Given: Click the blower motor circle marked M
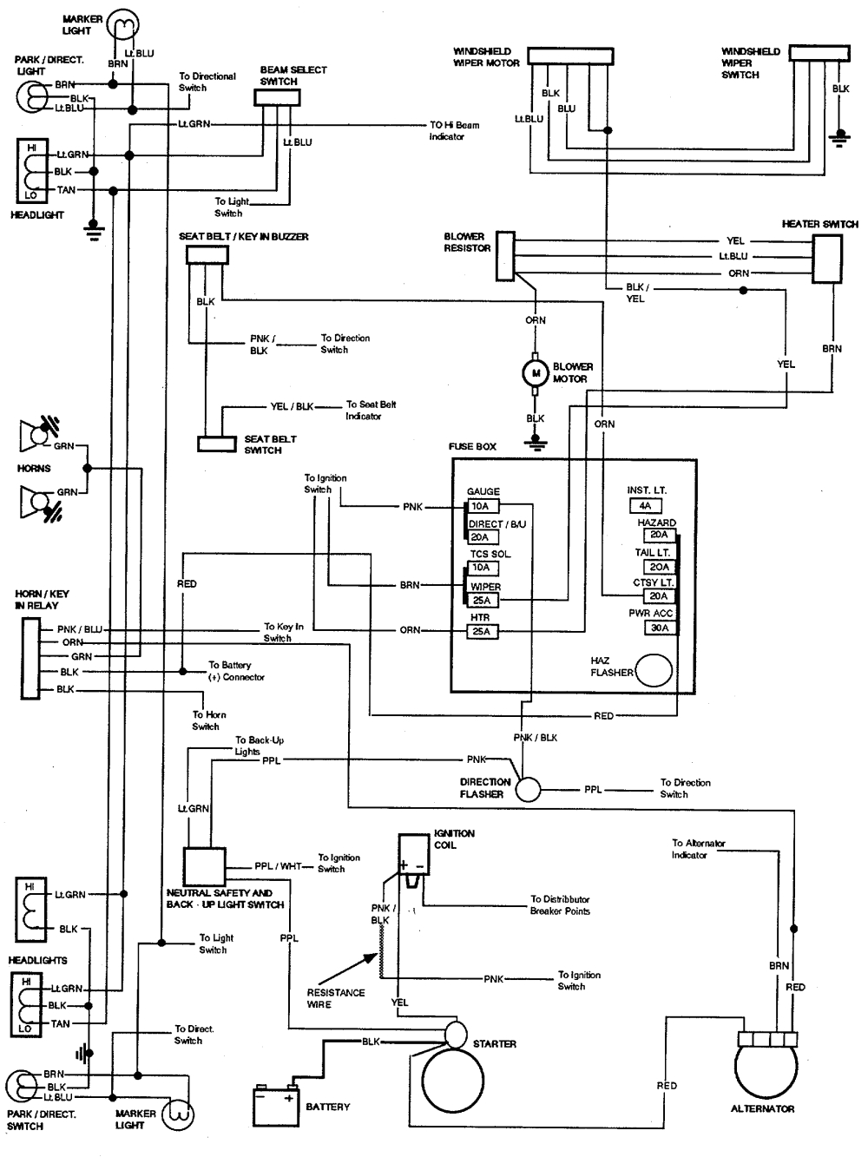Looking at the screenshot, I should pyautogui.click(x=536, y=373).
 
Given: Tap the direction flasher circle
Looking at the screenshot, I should pyautogui.click(x=528, y=789).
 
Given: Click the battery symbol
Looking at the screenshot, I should pyautogui.click(x=275, y=1107).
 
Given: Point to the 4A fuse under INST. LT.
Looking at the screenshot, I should pyautogui.click(x=645, y=505).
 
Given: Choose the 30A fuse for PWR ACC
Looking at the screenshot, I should pyautogui.click(x=660, y=628).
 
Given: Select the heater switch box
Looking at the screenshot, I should pyautogui.click(x=825, y=258).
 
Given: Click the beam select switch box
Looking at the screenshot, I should pyautogui.click(x=277, y=97).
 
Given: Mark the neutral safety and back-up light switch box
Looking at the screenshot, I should pyautogui.click(x=204, y=866).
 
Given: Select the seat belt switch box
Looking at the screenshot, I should pyautogui.click(x=217, y=444).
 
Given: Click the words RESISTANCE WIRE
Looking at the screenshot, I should pyautogui.click(x=335, y=998).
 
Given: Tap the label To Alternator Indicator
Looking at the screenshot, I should pyautogui.click(x=698, y=849).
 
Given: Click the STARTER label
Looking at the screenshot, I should pyautogui.click(x=495, y=1044).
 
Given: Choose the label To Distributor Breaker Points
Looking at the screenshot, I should pyautogui.click(x=560, y=905).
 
